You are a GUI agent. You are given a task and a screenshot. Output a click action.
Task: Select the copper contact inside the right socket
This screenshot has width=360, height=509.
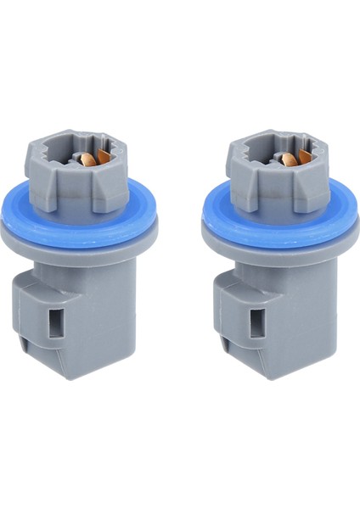(290, 159)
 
